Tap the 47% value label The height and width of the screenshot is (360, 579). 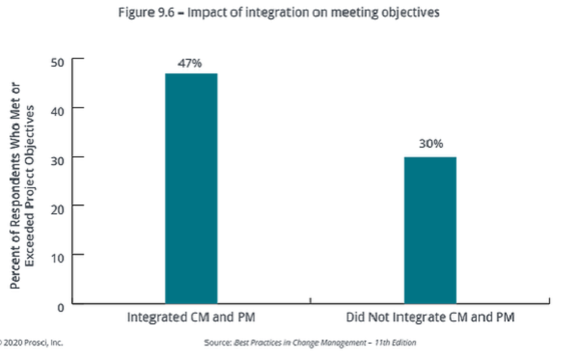[190, 63]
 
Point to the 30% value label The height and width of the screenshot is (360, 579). [430, 144]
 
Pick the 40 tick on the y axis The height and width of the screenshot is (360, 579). [56, 108]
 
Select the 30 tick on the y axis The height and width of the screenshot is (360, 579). [56, 157]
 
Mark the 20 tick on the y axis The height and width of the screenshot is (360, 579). [56, 207]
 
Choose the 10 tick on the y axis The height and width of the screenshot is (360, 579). [56, 256]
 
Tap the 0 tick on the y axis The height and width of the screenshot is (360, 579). [60, 305]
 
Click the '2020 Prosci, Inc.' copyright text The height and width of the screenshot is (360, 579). [34, 343]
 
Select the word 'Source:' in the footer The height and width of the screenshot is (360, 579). [217, 343]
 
